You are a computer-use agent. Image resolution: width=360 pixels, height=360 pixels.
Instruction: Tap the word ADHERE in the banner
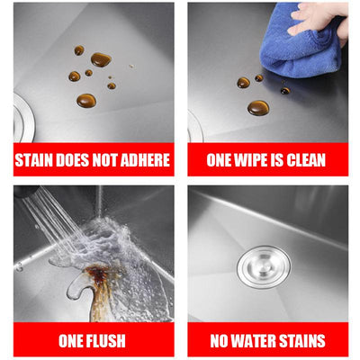[x=145, y=160]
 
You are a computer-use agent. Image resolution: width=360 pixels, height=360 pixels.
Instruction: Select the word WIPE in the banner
[x=251, y=160]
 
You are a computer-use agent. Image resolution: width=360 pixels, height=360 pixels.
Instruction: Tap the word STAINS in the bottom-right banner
[x=301, y=340]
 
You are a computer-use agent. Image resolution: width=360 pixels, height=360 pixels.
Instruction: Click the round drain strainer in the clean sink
[x=264, y=267]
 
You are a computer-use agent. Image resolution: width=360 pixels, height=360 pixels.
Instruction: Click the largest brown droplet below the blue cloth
[x=258, y=108]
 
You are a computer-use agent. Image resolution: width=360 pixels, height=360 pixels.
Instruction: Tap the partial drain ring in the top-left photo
[x=24, y=117]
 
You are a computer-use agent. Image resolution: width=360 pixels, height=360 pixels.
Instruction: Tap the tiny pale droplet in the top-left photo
[x=131, y=67]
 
